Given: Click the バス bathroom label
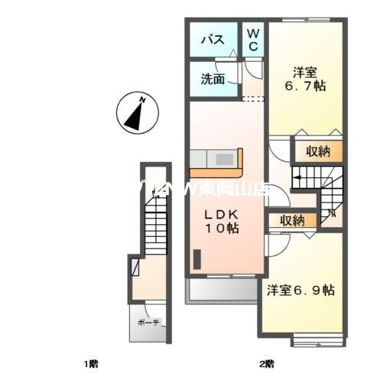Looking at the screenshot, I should pos(212,41).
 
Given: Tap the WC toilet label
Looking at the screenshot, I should pos(253,41).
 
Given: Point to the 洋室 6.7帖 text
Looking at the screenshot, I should pos(307,80).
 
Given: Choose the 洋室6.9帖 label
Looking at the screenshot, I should pos(300,290).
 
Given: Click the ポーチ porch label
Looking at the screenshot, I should pos(148,323).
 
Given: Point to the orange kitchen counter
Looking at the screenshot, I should pos(216,159).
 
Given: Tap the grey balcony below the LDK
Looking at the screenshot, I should pos(222,291).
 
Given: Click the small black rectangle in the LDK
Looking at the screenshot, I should pos(196,260).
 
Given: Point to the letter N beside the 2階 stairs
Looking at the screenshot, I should pos(331,213).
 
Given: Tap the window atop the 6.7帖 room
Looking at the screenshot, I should pos(306,19).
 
